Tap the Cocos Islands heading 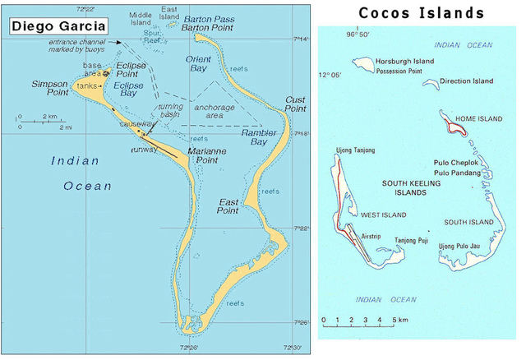(421, 13)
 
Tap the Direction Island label (466, 81)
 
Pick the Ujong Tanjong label (356, 150)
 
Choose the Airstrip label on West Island (371, 235)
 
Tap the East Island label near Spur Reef (170, 12)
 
